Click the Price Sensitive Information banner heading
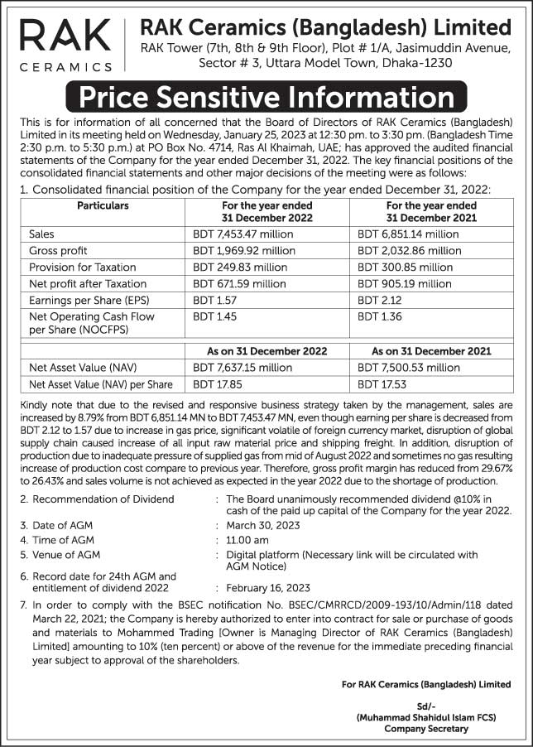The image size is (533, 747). [266, 98]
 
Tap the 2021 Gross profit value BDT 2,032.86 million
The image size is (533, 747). [410, 250]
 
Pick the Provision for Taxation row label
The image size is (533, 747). [75, 267]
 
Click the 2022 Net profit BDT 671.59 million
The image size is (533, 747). [239, 283]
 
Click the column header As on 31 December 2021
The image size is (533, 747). [430, 351]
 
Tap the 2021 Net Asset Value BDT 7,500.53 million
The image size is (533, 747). [409, 368]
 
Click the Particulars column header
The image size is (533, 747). [103, 205]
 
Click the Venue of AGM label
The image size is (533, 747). [66, 555]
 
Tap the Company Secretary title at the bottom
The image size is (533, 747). [425, 729]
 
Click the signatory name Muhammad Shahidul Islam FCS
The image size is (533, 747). [426, 717]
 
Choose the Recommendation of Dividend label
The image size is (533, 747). [103, 499]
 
